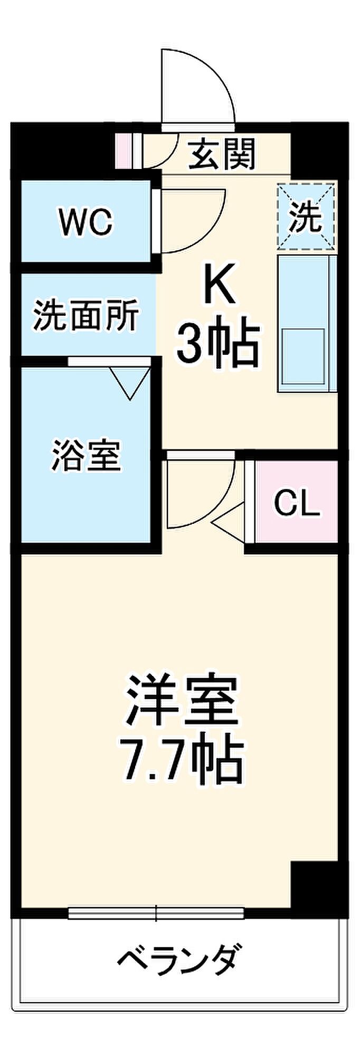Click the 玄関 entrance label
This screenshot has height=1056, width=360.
click(222, 154)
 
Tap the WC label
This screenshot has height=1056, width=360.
click(86, 222)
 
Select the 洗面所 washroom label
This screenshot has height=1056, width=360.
click(86, 315)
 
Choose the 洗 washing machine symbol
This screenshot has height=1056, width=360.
click(306, 216)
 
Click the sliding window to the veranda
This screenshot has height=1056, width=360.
click(156, 913)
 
